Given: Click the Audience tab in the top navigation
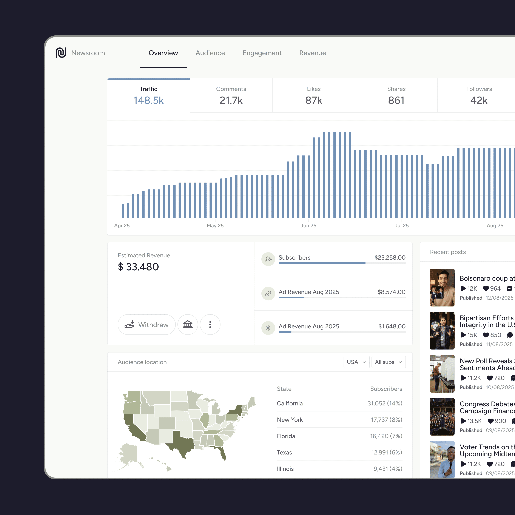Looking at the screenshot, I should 210,53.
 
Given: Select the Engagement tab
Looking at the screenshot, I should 262,53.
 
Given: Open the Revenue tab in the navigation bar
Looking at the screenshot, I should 312,53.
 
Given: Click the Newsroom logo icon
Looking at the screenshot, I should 61,53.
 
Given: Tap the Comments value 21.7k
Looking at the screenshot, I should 231,100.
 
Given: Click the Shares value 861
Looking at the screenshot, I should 396,100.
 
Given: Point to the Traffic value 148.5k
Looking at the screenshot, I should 148,100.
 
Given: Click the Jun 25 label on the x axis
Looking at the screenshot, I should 308,226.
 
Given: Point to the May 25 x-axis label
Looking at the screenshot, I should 215,226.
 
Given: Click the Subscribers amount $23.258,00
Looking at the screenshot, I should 390,257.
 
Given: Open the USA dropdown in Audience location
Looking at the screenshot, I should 356,362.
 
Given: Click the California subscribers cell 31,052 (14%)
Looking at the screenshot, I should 385,403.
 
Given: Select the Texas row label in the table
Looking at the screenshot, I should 284,452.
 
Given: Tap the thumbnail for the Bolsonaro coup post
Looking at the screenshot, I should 442,287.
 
